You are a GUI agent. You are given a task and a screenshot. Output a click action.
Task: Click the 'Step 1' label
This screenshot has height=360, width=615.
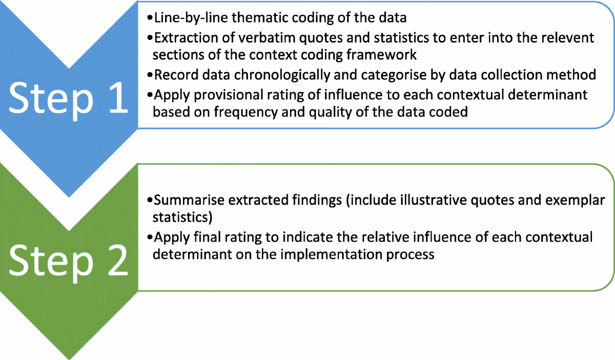pyautogui.click(x=68, y=100)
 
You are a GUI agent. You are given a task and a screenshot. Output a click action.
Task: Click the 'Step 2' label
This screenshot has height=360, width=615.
pyautogui.click(x=68, y=262)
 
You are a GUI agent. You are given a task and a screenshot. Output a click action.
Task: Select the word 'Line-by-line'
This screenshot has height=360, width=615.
pyautogui.click(x=191, y=18)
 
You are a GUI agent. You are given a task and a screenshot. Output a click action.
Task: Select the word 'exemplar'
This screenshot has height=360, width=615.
pyautogui.click(x=575, y=201)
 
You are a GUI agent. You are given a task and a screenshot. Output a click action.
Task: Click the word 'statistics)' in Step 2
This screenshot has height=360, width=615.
pyautogui.click(x=182, y=217)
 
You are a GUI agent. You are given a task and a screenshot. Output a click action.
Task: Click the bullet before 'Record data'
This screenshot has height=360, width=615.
pyautogui.click(x=150, y=75)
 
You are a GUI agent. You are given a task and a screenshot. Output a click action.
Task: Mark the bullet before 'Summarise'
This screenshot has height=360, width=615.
pyautogui.click(x=150, y=200)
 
